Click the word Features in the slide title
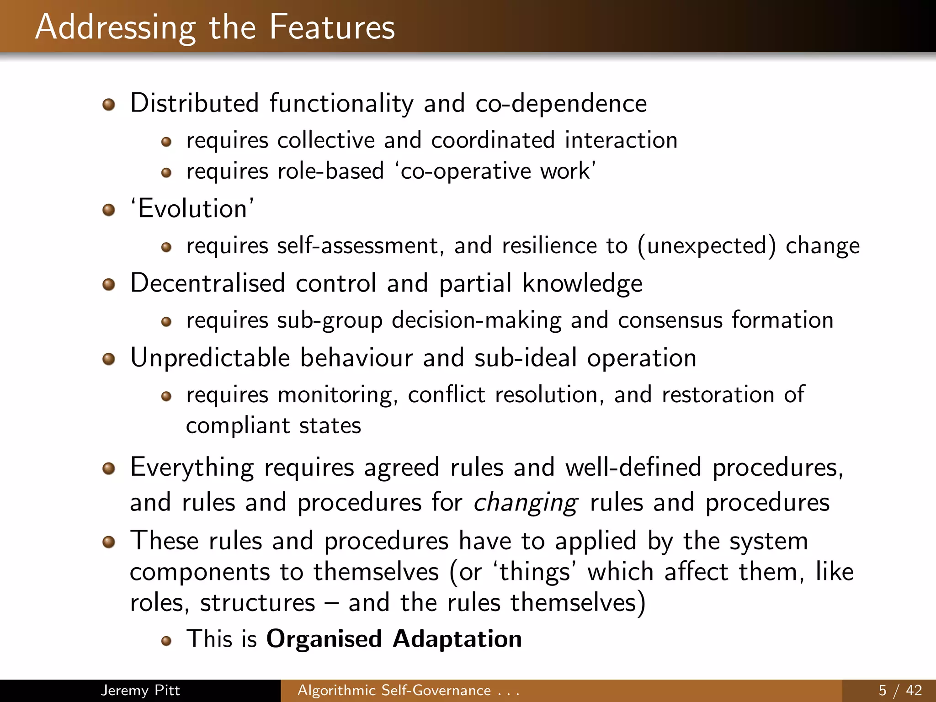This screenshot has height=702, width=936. click(332, 27)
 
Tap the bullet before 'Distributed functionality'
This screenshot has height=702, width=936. click(109, 105)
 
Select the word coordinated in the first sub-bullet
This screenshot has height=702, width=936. click(493, 140)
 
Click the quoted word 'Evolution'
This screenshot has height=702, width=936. click(192, 209)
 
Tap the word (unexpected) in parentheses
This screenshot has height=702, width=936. click(706, 246)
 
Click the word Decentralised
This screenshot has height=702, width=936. click(207, 283)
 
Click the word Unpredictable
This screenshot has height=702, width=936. click(210, 358)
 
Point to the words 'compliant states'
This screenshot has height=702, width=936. click(273, 426)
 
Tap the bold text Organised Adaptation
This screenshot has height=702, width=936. click(394, 639)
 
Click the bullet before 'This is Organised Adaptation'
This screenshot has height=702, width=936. click(166, 641)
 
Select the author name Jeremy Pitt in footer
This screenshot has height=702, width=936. click(140, 690)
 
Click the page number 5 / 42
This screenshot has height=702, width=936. click(900, 690)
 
